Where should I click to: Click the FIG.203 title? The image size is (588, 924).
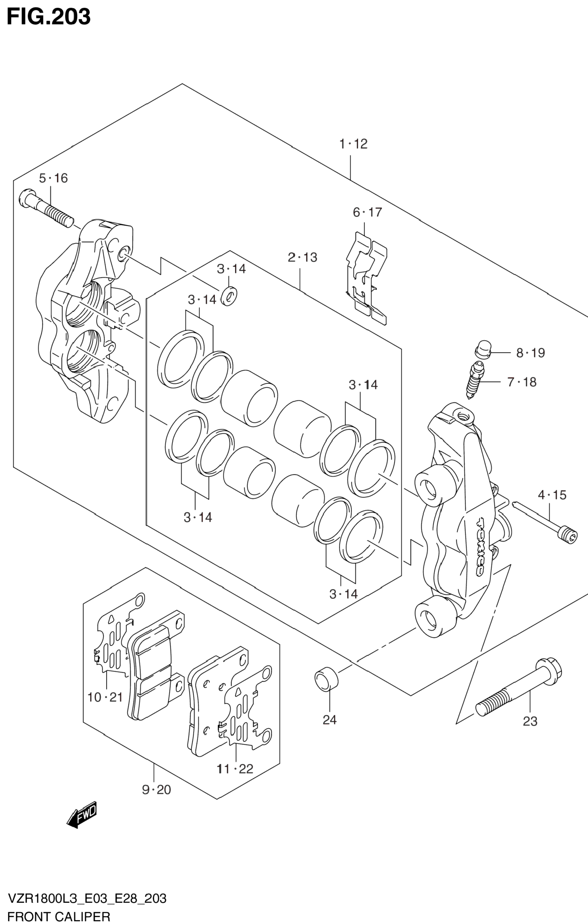(x=48, y=17)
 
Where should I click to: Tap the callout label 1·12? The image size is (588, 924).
(x=353, y=144)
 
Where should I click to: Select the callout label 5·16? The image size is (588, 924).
(x=53, y=178)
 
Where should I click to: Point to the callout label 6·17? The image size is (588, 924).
(x=368, y=212)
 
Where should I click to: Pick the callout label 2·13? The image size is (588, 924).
(x=303, y=257)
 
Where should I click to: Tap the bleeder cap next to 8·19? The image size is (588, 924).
(x=483, y=349)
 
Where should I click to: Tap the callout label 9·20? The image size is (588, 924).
(x=156, y=790)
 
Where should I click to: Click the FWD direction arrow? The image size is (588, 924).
(x=82, y=815)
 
